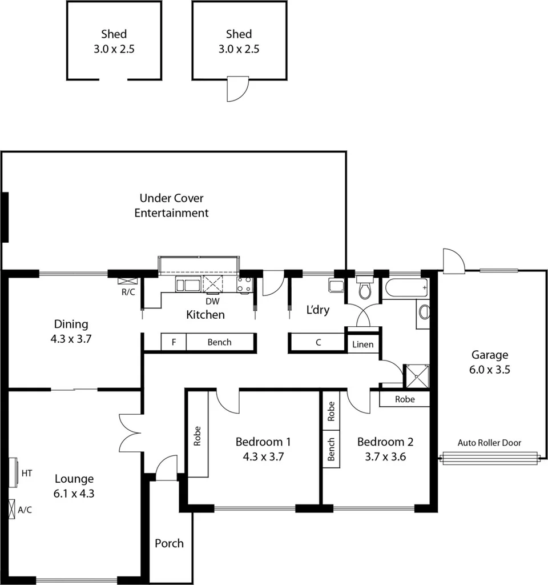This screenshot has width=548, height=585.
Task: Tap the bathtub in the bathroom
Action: pos(406,288)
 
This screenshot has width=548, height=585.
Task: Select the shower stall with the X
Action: pos(416,375)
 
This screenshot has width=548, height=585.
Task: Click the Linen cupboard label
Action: pos(363,344)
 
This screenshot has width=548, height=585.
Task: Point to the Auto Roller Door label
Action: pos(489,443)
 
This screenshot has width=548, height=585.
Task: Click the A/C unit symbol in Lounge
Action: pos(12,509)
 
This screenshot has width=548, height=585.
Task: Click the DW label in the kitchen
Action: pos(212,301)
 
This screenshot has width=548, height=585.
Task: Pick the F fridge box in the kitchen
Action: pos(174,342)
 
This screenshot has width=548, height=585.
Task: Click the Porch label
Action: pos(170,543)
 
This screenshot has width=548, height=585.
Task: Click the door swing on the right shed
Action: pos(237,89)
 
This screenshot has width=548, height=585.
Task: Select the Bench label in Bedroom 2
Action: pos(331,450)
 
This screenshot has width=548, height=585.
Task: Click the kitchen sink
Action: pos(188,285)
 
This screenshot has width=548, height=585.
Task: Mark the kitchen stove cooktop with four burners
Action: pos(244,285)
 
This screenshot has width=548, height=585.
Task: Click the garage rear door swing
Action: pos(453,260)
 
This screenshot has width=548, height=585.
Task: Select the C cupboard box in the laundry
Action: pos(318,343)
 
